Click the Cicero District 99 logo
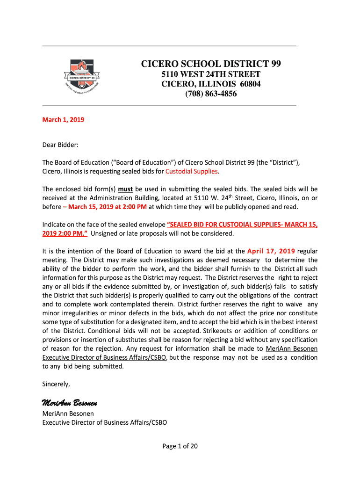[x=82, y=75]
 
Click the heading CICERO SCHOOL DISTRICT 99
[x=211, y=64]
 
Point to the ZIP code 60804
[x=251, y=84]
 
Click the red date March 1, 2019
[x=63, y=120]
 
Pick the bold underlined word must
[x=125, y=189]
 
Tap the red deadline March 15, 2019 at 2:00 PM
[x=100, y=207]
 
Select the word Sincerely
[x=56, y=384]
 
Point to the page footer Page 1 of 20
[x=180, y=446]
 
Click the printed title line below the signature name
[x=105, y=422]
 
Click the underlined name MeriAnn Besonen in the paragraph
[x=292, y=348]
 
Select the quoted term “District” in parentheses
[x=282, y=162]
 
